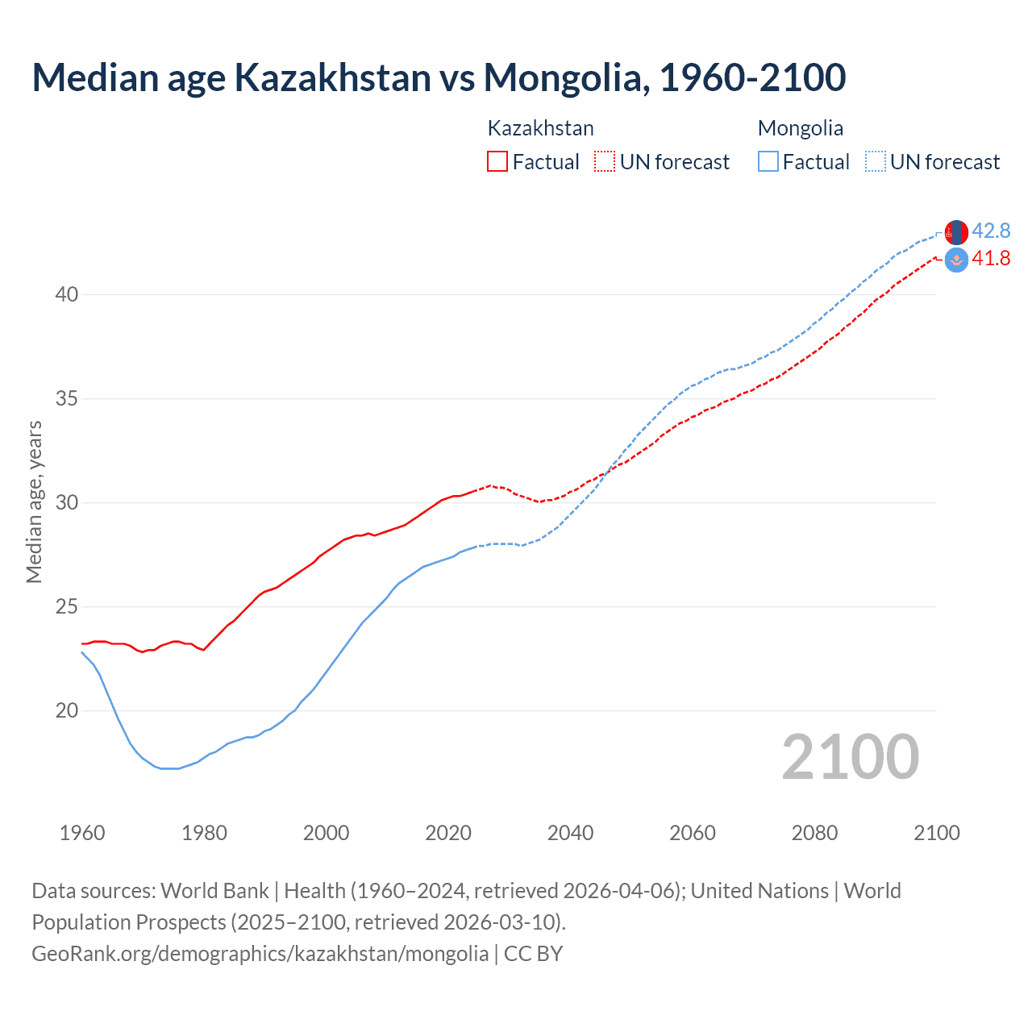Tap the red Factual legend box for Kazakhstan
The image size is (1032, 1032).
click(497, 162)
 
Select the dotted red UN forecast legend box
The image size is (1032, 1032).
click(605, 162)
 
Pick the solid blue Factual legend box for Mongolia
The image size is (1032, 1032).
click(768, 162)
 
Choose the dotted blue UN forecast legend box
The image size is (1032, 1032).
click(876, 162)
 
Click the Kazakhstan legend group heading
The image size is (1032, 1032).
click(540, 128)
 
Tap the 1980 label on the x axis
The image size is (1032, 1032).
click(204, 833)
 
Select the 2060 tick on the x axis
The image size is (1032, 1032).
click(693, 833)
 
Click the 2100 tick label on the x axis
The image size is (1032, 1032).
click(936, 833)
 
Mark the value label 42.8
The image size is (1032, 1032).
click(991, 231)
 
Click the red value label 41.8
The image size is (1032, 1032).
click(991, 259)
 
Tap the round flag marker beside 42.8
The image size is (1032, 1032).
click(956, 232)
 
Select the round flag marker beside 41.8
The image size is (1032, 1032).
click(956, 260)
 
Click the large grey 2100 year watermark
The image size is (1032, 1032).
click(850, 757)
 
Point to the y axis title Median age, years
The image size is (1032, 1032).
click(34, 501)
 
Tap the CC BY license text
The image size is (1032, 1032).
click(533, 954)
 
